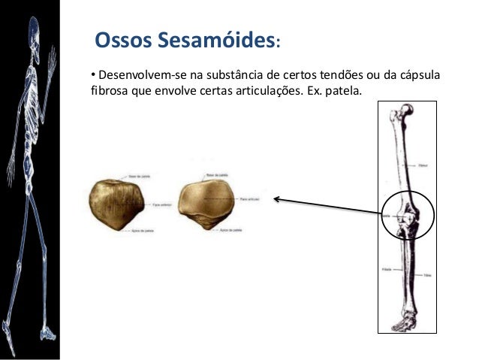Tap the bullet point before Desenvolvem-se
coord(93,76)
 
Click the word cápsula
coord(419,77)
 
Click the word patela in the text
coord(342,93)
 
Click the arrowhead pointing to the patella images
coord(276,199)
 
